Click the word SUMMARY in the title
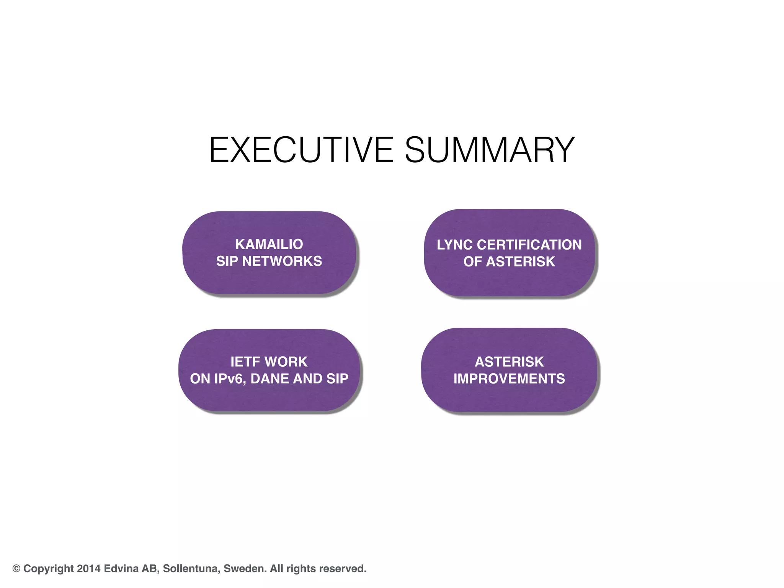(490, 150)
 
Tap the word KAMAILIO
(269, 244)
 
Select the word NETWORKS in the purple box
(282, 261)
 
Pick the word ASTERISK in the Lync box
(521, 262)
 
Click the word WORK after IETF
(286, 362)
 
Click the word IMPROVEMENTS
(509, 379)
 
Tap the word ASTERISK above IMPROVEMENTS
(509, 362)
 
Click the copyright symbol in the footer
(16, 569)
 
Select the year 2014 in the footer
(88, 569)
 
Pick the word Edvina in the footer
(121, 569)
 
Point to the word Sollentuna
(191, 569)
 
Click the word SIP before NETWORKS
(227, 261)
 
